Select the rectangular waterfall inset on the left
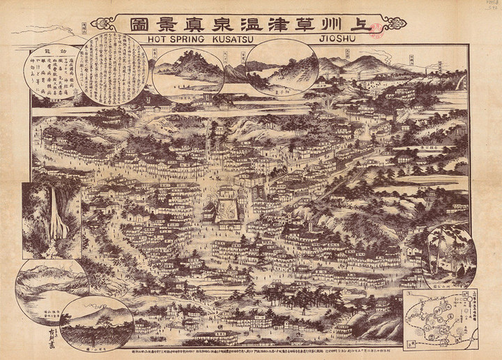point(51,220)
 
